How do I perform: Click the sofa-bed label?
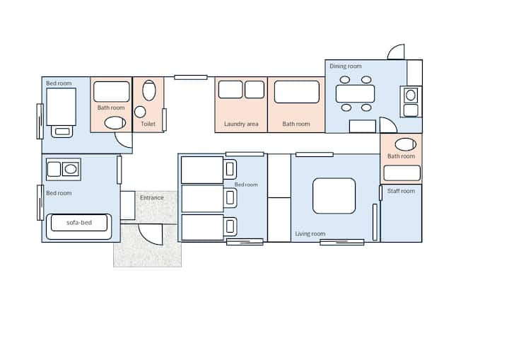pos(79,223)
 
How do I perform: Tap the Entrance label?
pos(152,197)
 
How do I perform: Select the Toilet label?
pos(148,124)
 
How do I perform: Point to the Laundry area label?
pos(241,124)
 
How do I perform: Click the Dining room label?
pos(346,66)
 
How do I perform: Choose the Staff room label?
pos(401,191)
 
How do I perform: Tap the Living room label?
pos(310,233)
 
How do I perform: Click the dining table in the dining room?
pos(355,93)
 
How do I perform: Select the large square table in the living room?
pos(334,196)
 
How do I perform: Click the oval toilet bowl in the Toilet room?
pos(149,91)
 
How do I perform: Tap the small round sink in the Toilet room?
pos(140,112)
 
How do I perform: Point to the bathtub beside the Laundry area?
pos(297,92)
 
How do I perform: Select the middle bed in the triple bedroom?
pos(203,199)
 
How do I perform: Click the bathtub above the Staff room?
pos(402,173)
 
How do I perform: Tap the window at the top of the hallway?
pos(191,77)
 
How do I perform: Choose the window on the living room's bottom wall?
pos(342,242)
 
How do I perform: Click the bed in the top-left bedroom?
pos(62,108)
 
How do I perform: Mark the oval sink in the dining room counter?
pos(411,95)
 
